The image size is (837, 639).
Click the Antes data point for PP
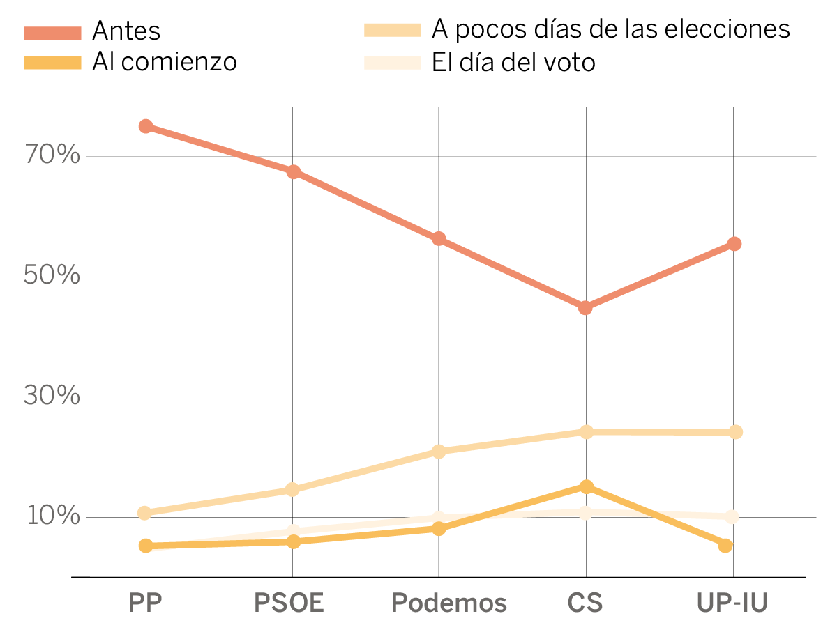146,126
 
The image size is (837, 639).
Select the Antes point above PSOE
293,172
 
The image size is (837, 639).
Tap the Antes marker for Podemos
439,239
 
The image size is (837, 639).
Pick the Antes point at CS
585,307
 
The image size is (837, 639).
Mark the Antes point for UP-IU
734,244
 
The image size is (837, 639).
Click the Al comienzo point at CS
586,486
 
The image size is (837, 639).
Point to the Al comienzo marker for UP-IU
725,545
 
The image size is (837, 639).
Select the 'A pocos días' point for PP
146,514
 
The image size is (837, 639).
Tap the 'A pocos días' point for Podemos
439,452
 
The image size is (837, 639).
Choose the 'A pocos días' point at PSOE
293,490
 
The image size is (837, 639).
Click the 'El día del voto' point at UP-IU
732,516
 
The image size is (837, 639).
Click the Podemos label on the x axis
448,603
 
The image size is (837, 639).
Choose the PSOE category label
289,603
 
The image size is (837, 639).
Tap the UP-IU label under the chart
732,603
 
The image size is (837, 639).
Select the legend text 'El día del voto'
513,63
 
